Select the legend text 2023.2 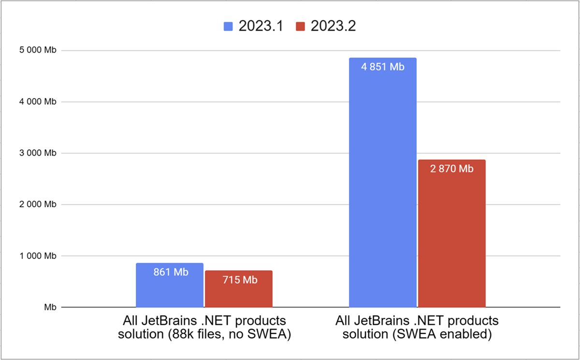tap(333, 26)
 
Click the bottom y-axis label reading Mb tap(50, 307)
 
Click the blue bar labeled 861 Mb tap(170, 290)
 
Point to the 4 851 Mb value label tap(382, 67)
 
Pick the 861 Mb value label tap(170, 272)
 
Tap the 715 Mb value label tap(238, 280)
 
